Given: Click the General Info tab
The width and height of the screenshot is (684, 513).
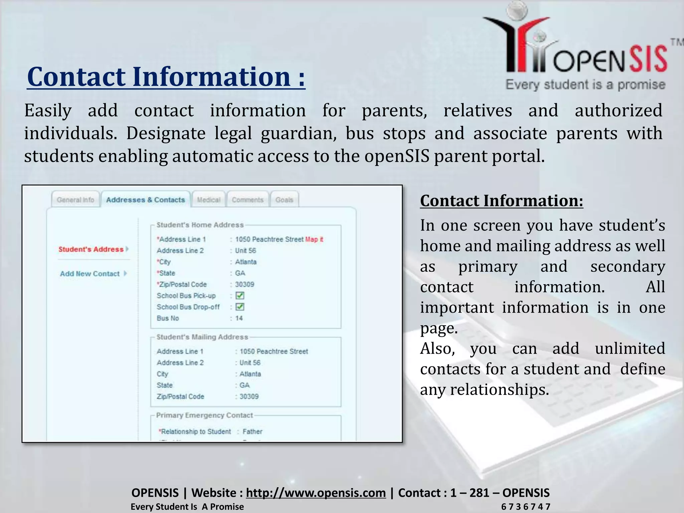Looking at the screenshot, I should point(75,200).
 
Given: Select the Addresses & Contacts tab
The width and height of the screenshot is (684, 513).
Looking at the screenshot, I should point(145,200).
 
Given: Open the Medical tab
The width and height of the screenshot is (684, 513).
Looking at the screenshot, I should point(208,200).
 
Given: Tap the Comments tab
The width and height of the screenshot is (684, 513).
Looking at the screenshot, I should point(247,200).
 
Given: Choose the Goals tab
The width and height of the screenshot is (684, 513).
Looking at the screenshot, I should point(284,200).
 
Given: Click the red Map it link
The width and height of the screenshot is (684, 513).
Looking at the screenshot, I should point(314,239).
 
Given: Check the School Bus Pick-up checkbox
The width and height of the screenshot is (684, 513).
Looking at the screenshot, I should point(240,296).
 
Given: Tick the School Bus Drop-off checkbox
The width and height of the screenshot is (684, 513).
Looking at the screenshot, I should point(240,307).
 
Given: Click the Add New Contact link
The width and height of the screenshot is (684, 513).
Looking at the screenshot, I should point(90,274).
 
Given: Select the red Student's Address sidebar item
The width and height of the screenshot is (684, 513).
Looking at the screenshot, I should point(91,249).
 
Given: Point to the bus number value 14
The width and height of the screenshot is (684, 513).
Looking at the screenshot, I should point(239,318).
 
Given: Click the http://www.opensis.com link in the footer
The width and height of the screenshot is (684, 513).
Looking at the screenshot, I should point(316,493).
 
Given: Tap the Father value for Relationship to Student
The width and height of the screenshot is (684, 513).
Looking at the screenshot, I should point(252,432).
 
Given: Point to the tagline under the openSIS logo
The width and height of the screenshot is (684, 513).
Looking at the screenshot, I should point(585,85).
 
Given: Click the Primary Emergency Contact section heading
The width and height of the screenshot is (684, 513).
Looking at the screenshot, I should point(204,415).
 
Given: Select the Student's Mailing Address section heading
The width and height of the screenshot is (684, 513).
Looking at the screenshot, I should point(202,337).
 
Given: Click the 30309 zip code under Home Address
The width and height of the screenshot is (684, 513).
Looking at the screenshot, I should point(244,284).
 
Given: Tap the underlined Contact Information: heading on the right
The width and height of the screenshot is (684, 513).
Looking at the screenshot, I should point(501,201).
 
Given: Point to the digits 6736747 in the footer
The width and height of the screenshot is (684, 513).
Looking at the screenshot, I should point(525,507).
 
